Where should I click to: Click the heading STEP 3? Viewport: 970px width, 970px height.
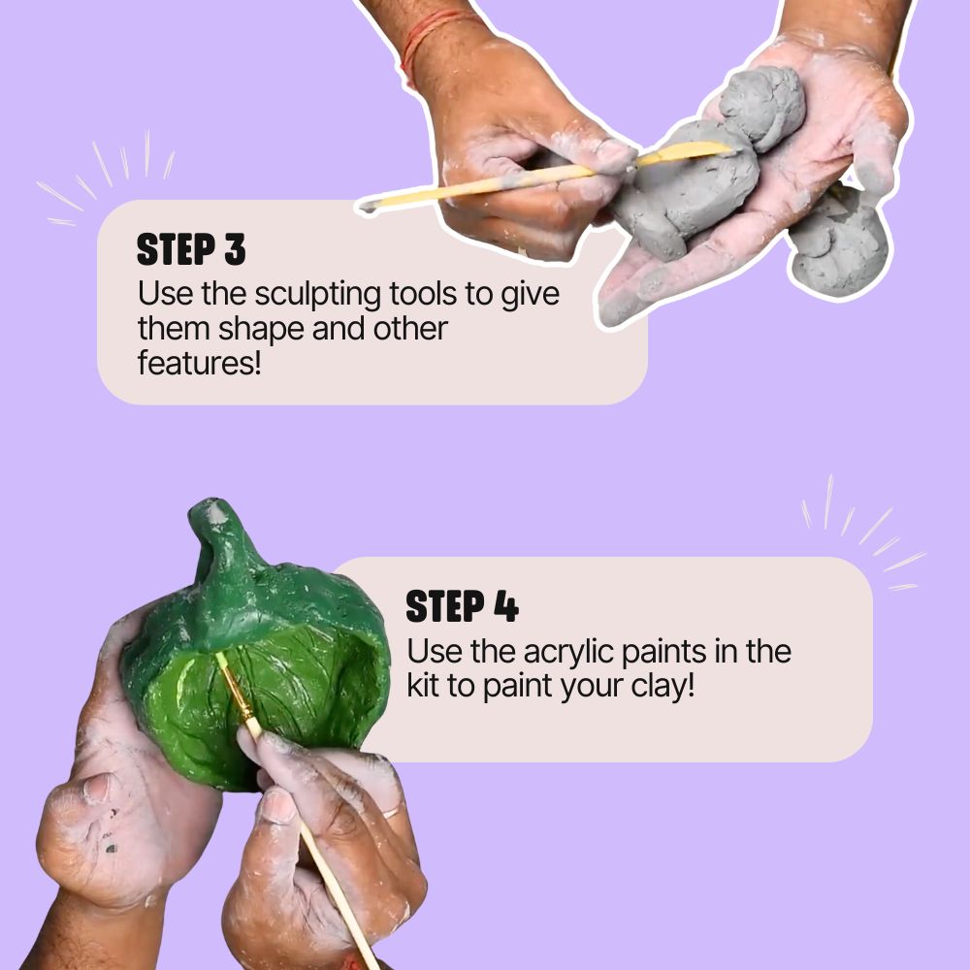(x=191, y=250)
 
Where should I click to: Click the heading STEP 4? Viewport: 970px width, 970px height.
(x=462, y=607)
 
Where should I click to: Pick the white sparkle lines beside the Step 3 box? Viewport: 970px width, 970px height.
(x=107, y=175)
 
